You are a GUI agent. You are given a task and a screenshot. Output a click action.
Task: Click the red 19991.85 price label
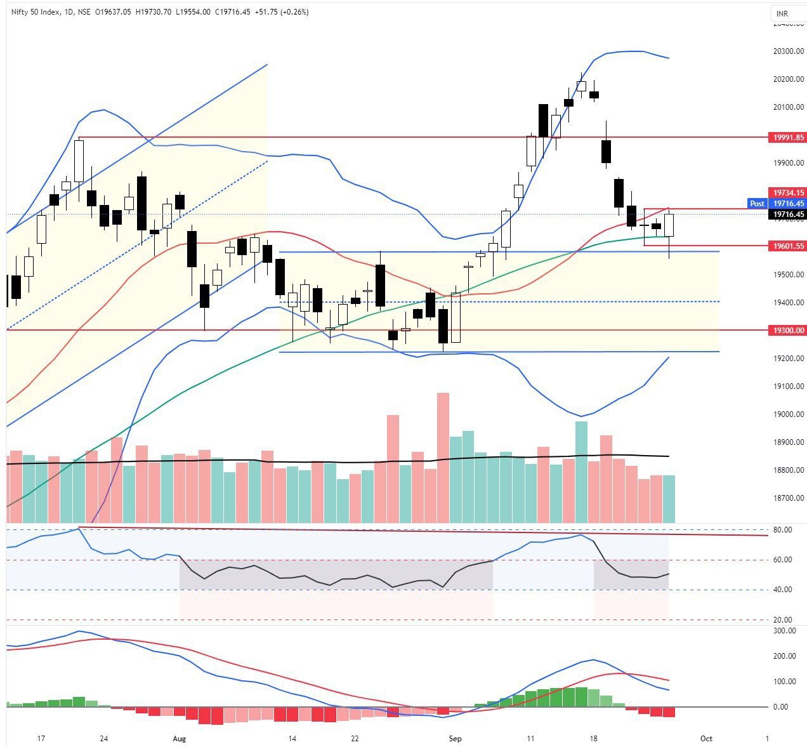click(x=787, y=137)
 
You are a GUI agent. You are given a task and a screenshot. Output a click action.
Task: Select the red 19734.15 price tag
click(x=787, y=192)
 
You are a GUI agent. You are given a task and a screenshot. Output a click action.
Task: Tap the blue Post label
click(x=757, y=204)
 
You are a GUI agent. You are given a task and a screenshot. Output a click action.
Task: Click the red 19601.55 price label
click(x=787, y=246)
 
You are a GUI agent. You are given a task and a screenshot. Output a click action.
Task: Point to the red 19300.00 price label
click(x=787, y=330)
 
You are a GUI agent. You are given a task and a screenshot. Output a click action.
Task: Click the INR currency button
click(x=782, y=13)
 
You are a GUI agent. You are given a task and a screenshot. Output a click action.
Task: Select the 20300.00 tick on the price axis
click(x=787, y=51)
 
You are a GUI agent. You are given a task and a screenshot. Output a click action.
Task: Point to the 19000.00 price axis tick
click(x=787, y=414)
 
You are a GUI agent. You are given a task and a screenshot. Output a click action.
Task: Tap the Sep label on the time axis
click(x=454, y=739)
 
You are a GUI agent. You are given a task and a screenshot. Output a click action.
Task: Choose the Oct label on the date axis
click(x=706, y=739)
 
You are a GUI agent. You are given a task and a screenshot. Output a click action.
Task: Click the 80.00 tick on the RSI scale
click(x=782, y=529)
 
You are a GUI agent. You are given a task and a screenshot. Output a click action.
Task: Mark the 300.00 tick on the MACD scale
click(x=784, y=631)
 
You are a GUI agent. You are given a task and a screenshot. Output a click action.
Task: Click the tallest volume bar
click(x=443, y=457)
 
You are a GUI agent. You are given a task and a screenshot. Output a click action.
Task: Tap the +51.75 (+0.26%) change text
click(x=282, y=12)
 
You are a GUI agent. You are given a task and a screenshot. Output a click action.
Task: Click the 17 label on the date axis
click(x=41, y=739)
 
